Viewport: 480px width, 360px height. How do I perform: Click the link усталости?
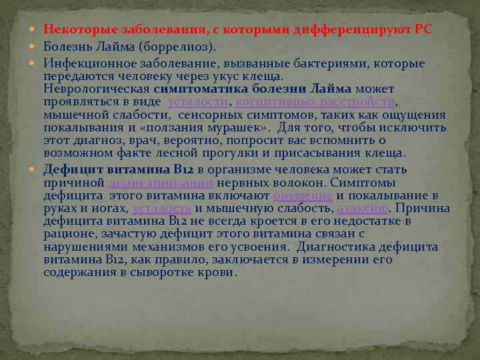[x=197, y=101]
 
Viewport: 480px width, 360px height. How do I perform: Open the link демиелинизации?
[x=161, y=182]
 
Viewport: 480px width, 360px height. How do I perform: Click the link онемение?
[x=303, y=195]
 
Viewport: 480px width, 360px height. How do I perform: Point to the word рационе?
[x=65, y=233]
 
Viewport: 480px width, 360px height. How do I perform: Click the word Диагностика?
[x=337, y=247]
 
